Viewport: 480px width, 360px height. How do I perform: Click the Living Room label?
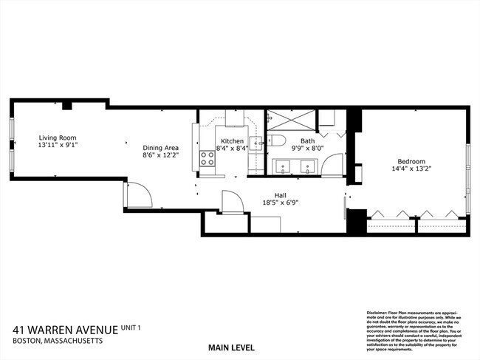pyautogui.click(x=58, y=138)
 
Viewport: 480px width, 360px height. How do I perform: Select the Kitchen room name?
pyautogui.click(x=232, y=141)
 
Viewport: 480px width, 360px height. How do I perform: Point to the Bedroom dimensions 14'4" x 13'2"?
pyautogui.click(x=411, y=169)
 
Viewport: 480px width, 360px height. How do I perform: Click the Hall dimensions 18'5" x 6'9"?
pyautogui.click(x=281, y=203)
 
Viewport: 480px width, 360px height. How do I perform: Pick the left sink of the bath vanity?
pyautogui.click(x=284, y=167)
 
